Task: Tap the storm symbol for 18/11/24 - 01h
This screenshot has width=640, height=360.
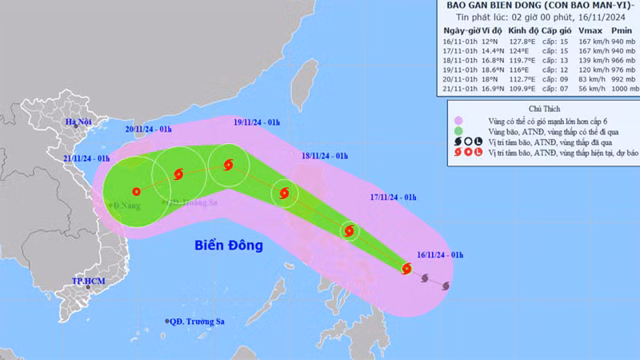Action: pos(284,192)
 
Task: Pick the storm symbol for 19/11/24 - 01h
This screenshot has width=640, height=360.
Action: pos(229,166)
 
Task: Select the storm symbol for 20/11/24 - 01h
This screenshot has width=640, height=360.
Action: pos(177,173)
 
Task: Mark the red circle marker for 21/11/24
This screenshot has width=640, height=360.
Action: pos(136,191)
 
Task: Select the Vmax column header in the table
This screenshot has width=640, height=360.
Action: pos(566,30)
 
